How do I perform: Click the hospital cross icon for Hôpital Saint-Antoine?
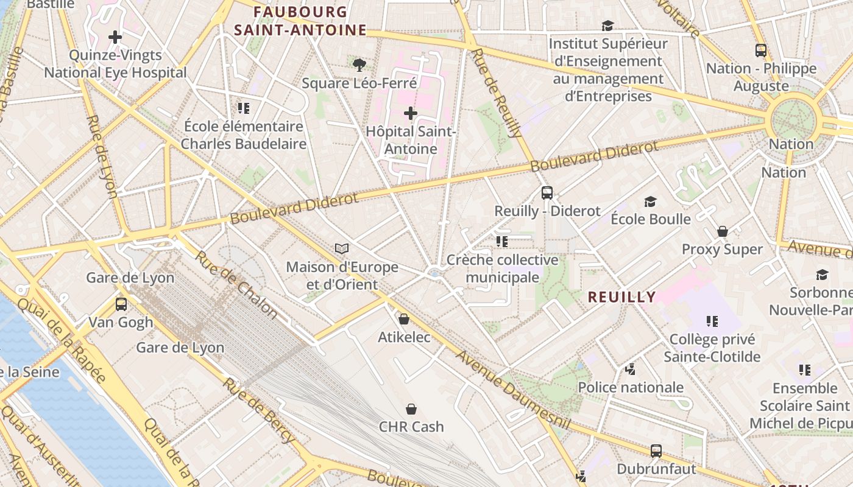tap(411, 113)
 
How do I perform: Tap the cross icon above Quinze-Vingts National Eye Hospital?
tap(115, 37)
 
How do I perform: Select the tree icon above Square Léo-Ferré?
tap(359, 64)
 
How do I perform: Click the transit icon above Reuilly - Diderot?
tap(547, 193)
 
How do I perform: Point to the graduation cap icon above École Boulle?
tap(651, 201)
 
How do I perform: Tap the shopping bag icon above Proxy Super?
tap(723, 231)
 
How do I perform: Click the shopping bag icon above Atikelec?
tap(403, 319)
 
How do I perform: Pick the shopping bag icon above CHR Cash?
tap(411, 408)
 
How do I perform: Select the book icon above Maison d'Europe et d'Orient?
tap(342, 248)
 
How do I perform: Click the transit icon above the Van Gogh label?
tap(121, 304)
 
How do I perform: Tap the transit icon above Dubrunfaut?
tap(656, 451)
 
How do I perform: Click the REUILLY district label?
tap(621, 297)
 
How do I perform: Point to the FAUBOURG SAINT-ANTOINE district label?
tap(300, 21)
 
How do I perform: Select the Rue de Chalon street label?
tap(236, 284)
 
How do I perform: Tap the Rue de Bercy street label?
tap(258, 410)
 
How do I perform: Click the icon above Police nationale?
tap(631, 369)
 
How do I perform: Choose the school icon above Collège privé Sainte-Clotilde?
tap(712, 321)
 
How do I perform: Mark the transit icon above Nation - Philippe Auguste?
tap(761, 50)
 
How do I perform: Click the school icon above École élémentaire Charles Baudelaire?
tap(244, 108)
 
